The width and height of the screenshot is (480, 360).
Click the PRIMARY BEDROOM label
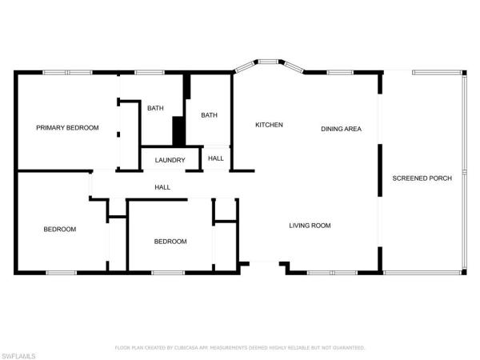(67, 128)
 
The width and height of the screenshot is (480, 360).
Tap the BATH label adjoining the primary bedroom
(155, 110)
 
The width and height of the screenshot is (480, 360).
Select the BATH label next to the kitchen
(209, 115)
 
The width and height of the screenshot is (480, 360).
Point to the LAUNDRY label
(170, 160)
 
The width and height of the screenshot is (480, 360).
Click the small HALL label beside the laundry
(216, 158)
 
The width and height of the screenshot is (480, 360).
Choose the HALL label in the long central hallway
(162, 187)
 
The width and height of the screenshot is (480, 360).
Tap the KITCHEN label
(269, 125)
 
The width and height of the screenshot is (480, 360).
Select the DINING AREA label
(342, 129)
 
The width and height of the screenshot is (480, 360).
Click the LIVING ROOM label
(310, 226)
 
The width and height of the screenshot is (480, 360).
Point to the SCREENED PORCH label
(422, 178)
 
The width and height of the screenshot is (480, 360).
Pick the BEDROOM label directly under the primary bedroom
(59, 230)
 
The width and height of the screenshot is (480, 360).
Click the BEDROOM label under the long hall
(170, 242)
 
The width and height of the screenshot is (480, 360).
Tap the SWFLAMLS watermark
(19, 353)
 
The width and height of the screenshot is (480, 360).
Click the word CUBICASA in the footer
(197, 348)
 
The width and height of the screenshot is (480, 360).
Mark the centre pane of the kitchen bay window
(267, 60)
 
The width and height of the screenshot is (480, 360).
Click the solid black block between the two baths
(179, 131)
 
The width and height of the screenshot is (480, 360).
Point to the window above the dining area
(340, 72)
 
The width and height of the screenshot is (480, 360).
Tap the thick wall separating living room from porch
(380, 208)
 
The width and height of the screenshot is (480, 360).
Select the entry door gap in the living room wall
(265, 263)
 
